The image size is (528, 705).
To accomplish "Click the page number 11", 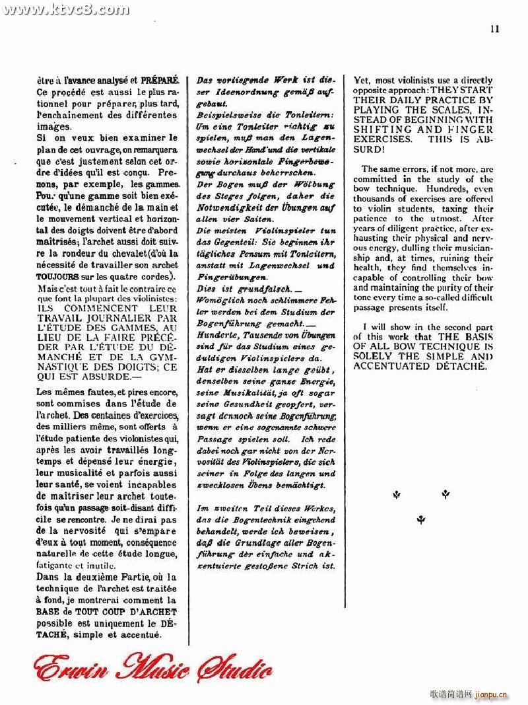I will (496, 28).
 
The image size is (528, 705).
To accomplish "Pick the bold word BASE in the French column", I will (49, 612).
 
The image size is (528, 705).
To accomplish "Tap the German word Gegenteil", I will (232, 243).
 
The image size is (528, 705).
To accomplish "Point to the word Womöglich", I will (219, 301).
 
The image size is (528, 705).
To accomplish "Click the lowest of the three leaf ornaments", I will (420, 520).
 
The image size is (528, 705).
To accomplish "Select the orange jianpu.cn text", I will (490, 694).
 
